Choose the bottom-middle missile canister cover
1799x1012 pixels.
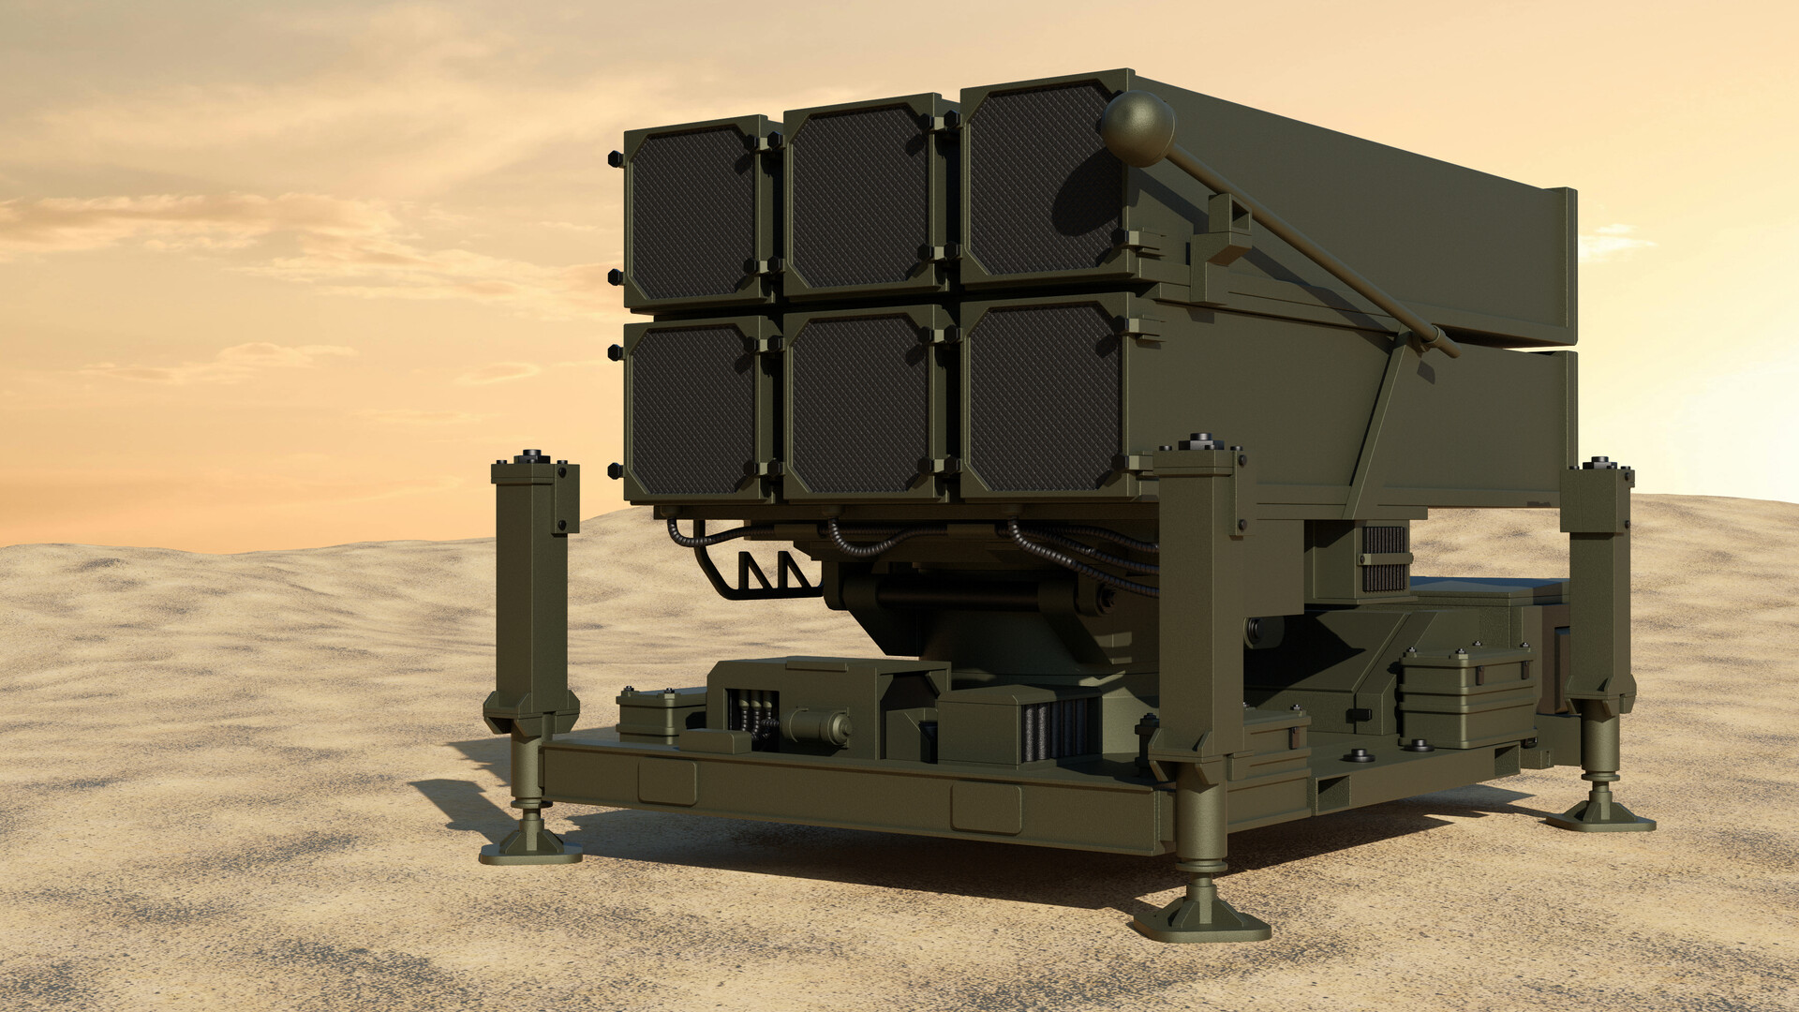[857, 403]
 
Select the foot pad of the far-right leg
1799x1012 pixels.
[1599, 816]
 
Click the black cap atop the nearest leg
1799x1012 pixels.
[1200, 439]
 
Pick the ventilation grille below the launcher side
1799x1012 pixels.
[1383, 558]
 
